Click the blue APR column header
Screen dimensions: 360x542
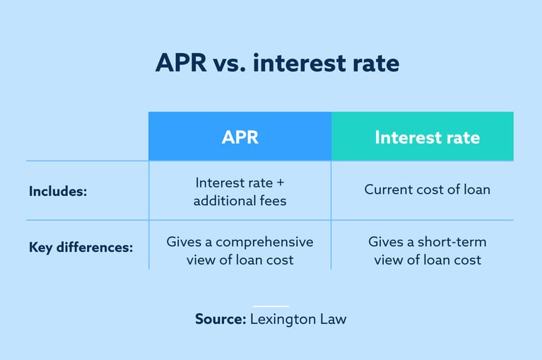tap(240, 137)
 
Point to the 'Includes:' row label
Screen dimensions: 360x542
tap(58, 191)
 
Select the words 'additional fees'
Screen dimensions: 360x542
tap(240, 201)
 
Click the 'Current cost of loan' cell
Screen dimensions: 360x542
tap(427, 190)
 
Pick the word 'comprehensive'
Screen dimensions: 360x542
tap(271, 242)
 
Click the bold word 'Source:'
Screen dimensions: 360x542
tap(220, 319)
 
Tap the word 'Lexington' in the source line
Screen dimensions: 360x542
tap(281, 319)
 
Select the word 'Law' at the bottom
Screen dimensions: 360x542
tap(332, 319)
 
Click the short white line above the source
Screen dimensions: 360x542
tap(271, 306)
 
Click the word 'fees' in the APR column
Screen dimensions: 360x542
tap(272, 201)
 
